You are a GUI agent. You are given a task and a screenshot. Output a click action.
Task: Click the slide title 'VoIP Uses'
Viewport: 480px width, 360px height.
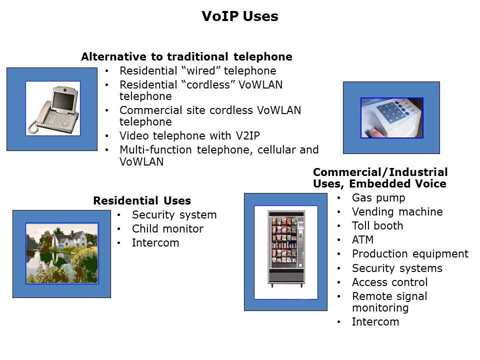[x=240, y=16]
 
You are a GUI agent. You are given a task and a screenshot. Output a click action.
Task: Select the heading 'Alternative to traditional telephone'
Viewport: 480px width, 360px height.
[x=186, y=56]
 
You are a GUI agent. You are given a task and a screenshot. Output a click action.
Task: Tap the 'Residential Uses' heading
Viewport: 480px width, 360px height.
[x=142, y=200]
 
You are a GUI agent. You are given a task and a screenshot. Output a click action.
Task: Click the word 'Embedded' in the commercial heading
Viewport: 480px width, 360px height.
[x=379, y=183]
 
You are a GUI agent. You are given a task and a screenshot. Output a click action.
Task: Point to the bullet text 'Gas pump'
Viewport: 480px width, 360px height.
[x=378, y=198]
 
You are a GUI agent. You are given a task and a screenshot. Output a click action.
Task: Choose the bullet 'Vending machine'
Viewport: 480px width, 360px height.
[x=397, y=211]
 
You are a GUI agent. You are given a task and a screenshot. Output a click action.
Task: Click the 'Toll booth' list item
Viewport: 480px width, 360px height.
[x=377, y=225]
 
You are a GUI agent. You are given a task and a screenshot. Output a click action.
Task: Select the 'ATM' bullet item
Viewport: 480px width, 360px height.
[x=363, y=239]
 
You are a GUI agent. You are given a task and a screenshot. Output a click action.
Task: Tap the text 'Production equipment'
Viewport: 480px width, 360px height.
[x=410, y=254]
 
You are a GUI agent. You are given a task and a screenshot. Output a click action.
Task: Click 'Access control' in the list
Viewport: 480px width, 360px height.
[x=389, y=282]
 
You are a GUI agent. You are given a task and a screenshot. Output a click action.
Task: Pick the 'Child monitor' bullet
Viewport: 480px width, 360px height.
[x=168, y=228]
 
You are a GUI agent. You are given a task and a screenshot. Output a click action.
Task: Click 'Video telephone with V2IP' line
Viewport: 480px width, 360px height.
[x=190, y=135]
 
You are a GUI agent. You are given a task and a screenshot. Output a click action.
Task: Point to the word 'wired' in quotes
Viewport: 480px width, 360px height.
[x=201, y=70]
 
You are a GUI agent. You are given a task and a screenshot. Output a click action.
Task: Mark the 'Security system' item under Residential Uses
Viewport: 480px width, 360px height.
[x=174, y=215]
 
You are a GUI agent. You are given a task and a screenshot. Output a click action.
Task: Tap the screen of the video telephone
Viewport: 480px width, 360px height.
[x=63, y=101]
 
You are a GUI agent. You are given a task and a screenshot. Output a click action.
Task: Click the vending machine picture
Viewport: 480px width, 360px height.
[x=286, y=248]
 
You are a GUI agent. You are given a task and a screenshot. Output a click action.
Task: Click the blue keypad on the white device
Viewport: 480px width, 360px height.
[x=388, y=112]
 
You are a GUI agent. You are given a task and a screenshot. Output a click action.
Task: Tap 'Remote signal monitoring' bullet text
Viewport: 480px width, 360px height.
[x=389, y=302]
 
